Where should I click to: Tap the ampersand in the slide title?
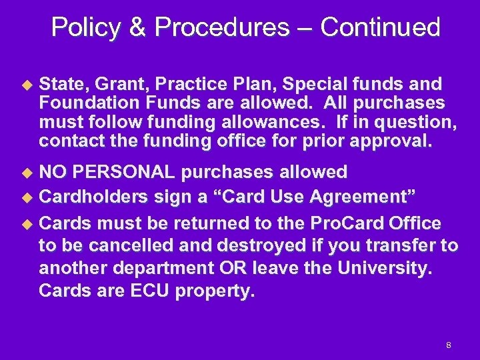139,28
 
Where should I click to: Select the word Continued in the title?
379,28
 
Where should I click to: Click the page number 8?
449,345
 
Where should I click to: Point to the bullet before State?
27,85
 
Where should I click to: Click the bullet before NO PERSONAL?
27,173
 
